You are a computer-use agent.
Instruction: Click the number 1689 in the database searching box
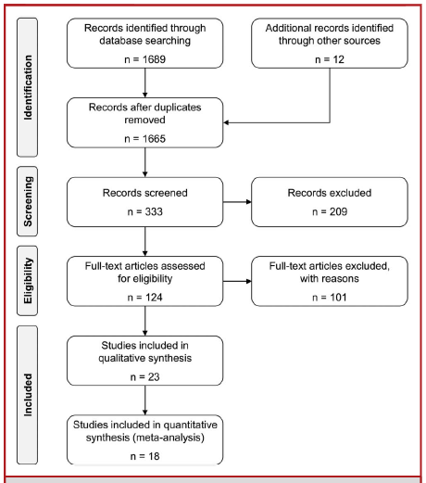[154, 59]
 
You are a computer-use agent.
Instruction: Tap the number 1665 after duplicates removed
[154, 139]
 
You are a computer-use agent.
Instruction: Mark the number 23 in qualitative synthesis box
[154, 377]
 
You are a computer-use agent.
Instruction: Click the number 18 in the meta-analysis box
[154, 456]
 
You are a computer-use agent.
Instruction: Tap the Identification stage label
[28, 87]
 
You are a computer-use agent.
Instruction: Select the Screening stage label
[28, 201]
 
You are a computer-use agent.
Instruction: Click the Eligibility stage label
[28, 281]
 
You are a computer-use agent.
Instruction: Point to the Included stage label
[28, 395]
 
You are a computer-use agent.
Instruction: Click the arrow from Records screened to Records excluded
[237, 202]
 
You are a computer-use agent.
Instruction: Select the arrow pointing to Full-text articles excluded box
[237, 281]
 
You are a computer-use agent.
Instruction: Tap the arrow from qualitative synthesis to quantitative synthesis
[145, 400]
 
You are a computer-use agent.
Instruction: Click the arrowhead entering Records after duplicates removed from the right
[226, 122]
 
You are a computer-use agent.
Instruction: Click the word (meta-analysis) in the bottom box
[169, 438]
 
